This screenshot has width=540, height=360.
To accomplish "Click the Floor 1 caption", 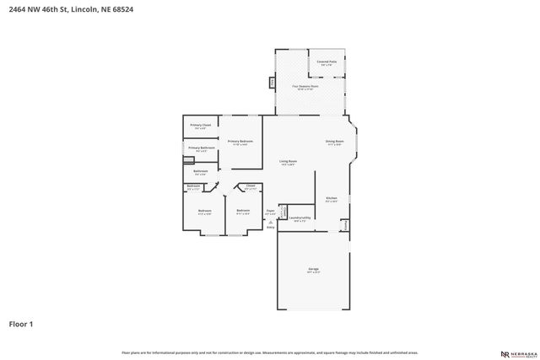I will pos(21,323).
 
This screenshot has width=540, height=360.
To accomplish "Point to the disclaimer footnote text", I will pos(270,352).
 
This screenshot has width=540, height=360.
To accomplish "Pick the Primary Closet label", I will pos(199,126).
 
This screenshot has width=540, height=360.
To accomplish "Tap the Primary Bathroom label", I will pos(201,148).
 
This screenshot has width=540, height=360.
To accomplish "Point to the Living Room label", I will pos(288,162).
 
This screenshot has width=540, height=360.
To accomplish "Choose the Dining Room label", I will pos(334,142).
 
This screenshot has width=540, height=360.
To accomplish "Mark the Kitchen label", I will pos(332,200).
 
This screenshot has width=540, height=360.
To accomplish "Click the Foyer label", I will pos(270,211).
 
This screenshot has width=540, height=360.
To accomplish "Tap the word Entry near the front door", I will pos(271,227).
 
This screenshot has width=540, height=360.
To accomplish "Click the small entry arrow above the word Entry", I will pos(271,221).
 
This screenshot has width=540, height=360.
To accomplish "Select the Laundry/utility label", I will pos(300,218).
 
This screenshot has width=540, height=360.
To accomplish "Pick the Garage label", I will pos(313,271).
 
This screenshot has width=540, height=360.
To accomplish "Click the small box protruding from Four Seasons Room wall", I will pos(271,83).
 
